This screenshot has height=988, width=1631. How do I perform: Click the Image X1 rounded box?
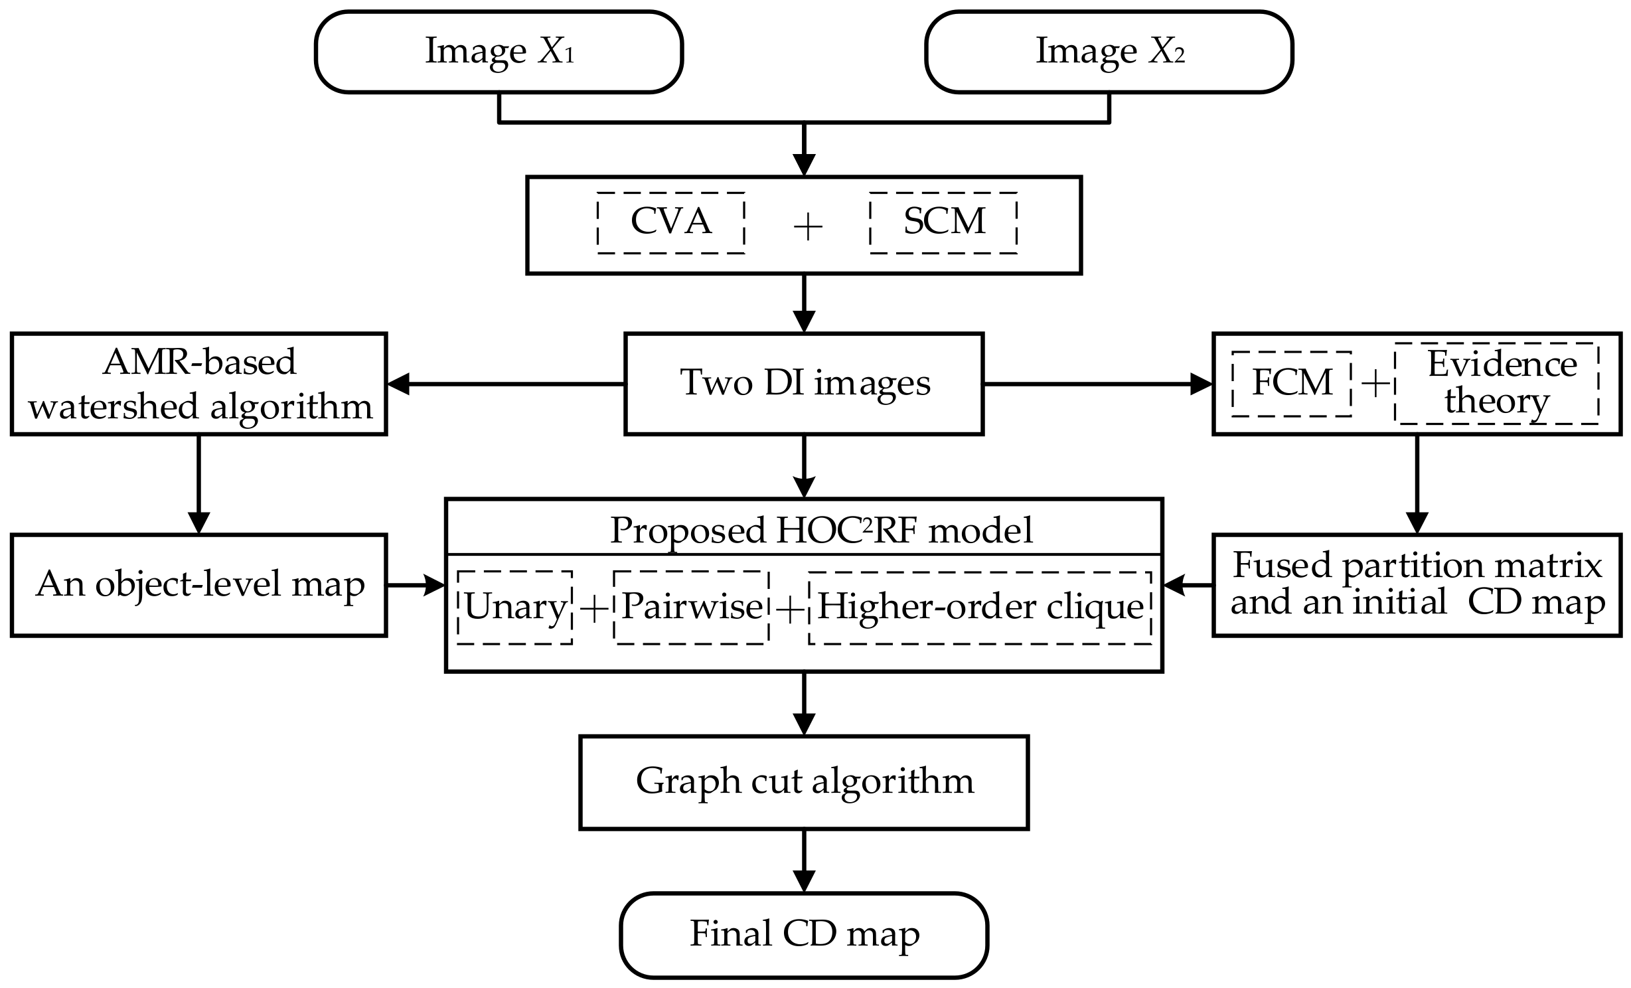499,52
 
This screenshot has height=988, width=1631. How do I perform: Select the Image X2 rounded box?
1109,52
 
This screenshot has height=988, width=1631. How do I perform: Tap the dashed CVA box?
670,222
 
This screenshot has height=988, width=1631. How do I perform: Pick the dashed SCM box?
943,222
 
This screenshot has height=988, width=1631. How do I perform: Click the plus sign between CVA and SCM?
808,228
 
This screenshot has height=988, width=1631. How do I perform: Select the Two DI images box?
804,383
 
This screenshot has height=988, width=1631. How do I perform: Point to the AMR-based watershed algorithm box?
198,384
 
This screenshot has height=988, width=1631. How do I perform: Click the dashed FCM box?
1292,383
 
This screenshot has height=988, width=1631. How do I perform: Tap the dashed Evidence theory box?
1496,383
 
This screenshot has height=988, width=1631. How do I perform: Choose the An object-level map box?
198,585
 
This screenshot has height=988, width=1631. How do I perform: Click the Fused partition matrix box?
1417,585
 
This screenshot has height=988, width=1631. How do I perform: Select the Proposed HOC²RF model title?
820,529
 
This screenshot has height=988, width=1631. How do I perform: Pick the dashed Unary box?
514,607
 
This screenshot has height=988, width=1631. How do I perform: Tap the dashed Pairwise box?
691,607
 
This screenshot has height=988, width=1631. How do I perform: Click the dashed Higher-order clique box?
980,607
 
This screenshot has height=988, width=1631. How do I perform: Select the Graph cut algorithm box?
804,782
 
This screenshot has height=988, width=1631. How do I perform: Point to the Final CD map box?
804,934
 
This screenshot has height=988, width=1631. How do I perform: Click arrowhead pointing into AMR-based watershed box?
398,384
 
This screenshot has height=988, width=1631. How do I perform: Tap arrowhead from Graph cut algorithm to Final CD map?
804,882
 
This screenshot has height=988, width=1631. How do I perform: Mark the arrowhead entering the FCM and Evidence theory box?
1202,384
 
